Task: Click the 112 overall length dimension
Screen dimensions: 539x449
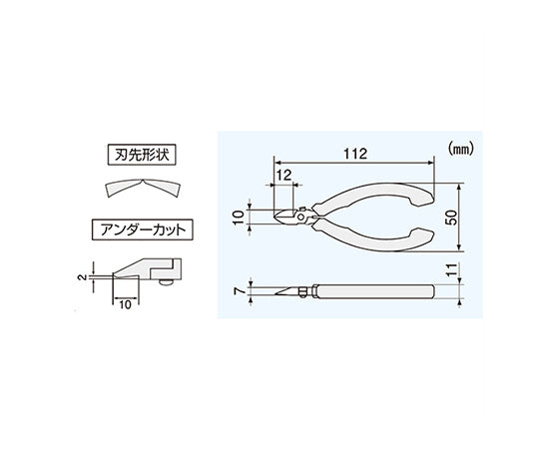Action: (x=355, y=154)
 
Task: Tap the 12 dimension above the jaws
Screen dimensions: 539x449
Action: (x=283, y=176)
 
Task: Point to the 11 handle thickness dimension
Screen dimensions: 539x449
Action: (x=453, y=269)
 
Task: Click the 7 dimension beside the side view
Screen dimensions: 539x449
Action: (x=240, y=291)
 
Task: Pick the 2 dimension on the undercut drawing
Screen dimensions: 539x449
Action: (x=82, y=277)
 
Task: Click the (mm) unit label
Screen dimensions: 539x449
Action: (x=461, y=149)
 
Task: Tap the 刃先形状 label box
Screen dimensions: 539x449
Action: (x=142, y=155)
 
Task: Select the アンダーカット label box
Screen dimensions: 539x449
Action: (x=143, y=229)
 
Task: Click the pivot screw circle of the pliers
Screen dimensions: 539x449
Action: (x=301, y=217)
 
